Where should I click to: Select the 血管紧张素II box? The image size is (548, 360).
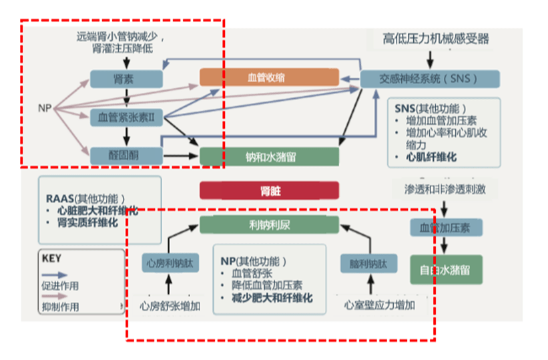click(x=126, y=118)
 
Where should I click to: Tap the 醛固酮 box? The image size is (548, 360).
click(x=126, y=156)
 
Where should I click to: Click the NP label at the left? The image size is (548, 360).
click(x=45, y=108)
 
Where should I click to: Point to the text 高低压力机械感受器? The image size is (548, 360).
click(x=436, y=39)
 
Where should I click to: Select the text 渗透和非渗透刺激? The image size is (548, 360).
click(x=445, y=189)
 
